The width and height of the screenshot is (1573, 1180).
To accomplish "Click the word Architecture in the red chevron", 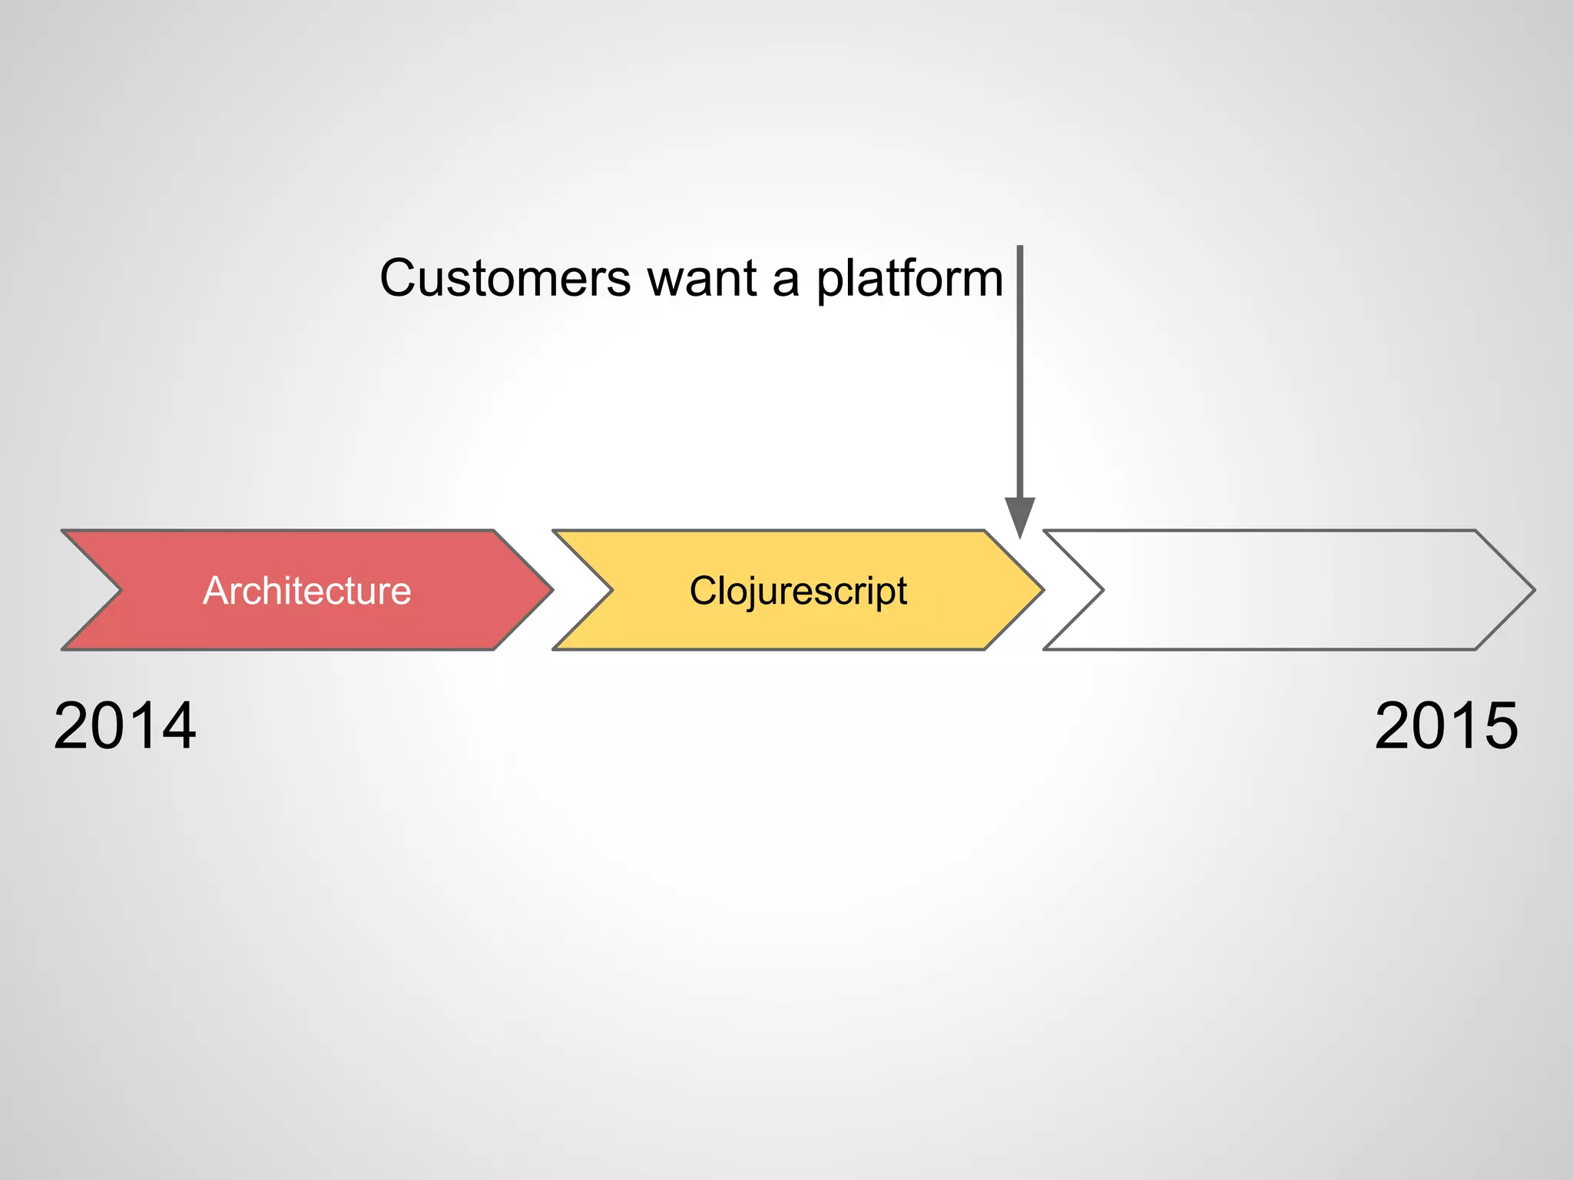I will [306, 591].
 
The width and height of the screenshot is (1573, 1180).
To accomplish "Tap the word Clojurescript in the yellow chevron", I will [798, 592].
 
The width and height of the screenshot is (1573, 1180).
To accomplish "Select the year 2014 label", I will [124, 725].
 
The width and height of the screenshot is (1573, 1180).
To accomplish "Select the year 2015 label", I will [1446, 725].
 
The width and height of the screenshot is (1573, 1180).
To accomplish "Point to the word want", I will [702, 279].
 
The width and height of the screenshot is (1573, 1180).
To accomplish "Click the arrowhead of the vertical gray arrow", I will [1020, 516].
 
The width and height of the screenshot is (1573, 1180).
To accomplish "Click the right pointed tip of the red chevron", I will [551, 590].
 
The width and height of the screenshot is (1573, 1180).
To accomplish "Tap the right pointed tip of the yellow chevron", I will [1042, 590].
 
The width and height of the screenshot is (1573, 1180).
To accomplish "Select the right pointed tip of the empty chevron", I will [1533, 590].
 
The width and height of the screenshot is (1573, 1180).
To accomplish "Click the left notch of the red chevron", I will [120, 590].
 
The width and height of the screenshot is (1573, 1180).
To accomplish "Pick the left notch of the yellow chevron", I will [611, 590].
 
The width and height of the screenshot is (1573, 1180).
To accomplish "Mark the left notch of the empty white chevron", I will [1102, 590].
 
